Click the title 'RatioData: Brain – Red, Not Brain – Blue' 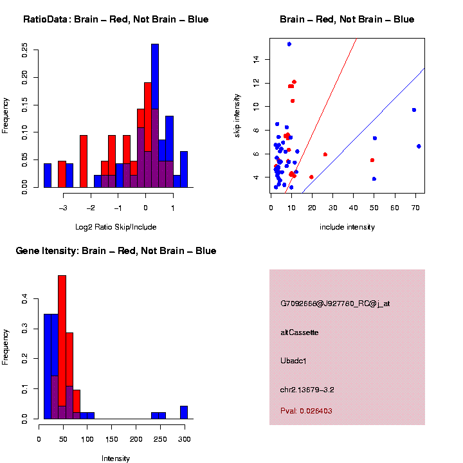[116, 19]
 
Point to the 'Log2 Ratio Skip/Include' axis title [116, 227]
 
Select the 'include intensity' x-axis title [347, 227]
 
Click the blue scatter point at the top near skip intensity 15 [289, 44]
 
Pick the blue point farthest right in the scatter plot [419, 146]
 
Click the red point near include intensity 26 [325, 154]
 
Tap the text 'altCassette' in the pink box [299, 332]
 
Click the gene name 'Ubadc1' [293, 361]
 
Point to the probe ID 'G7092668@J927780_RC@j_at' [335, 304]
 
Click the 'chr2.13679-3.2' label [307, 390]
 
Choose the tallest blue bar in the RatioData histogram [155, 116]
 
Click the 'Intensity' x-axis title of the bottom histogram [116, 458]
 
